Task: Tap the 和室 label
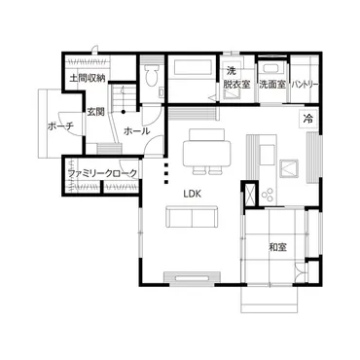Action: pos(277,247)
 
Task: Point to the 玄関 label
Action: pos(95,112)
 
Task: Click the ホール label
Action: pos(136,129)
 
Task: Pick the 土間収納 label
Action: pos(88,78)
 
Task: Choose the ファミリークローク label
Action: pos(101,174)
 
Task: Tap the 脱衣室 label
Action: pos(237,85)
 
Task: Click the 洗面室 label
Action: pos(271,85)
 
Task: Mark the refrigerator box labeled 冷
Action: pos(307,119)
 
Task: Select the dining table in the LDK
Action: pos(206,153)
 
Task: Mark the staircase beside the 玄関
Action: pos(120,97)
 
